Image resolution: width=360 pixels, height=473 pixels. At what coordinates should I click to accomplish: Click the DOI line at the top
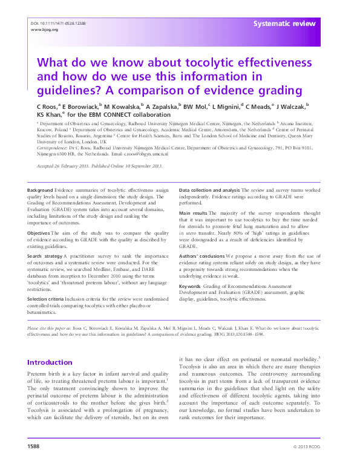click(x=57, y=23)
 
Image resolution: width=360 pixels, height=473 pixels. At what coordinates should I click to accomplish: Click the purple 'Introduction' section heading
click(x=50, y=362)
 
